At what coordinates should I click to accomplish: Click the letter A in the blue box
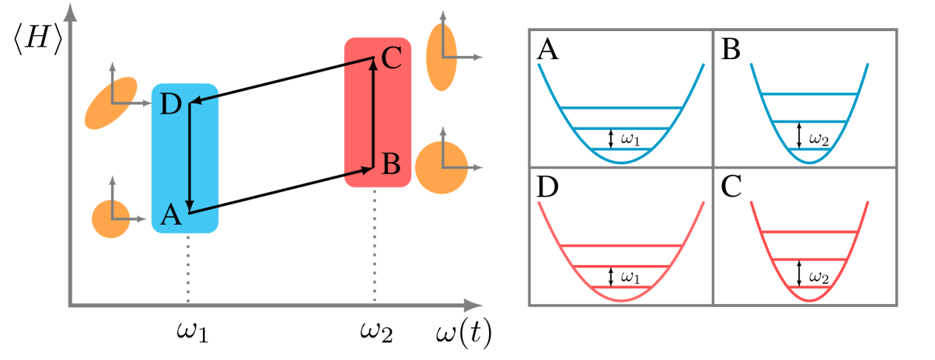[x=171, y=215]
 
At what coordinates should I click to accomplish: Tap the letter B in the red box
[x=391, y=164]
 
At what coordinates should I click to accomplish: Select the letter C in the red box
[x=391, y=58]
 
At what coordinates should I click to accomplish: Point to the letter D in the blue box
[x=170, y=104]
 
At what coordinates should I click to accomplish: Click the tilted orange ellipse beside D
[x=110, y=103]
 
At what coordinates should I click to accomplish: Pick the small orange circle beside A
[x=111, y=218]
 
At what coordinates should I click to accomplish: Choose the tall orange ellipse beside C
[x=441, y=57]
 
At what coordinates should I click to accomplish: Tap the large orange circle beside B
[x=441, y=167]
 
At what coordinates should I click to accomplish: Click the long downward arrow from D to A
[x=190, y=156]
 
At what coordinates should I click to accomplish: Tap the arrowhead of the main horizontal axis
[x=473, y=306]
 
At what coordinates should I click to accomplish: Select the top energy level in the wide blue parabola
[x=621, y=107]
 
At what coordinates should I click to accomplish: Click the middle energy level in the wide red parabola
[x=621, y=267]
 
